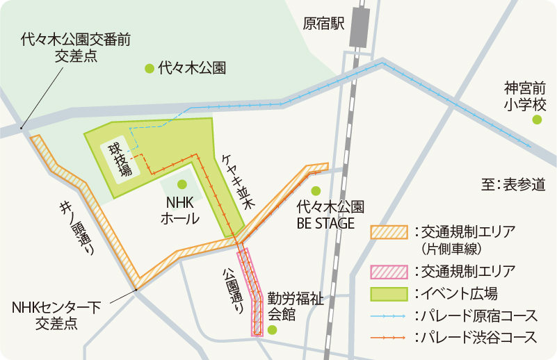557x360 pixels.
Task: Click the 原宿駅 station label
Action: click(324, 24)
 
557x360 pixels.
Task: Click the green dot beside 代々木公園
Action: click(149, 68)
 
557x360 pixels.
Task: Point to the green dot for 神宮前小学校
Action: click(537, 120)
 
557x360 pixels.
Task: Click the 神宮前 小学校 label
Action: click(526, 97)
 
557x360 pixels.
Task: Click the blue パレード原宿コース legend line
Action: click(389, 316)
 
